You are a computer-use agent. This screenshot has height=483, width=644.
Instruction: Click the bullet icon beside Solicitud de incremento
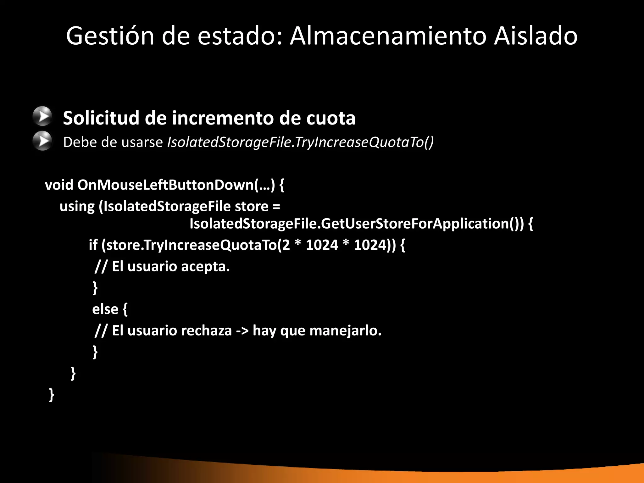tap(42, 116)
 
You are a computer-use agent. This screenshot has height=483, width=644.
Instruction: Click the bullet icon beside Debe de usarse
tap(42, 141)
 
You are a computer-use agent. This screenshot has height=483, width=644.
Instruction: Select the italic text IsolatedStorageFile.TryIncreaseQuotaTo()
tap(300, 142)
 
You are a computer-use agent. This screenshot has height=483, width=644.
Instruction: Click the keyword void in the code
tap(59, 185)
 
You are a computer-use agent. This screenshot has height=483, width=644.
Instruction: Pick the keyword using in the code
tap(77, 207)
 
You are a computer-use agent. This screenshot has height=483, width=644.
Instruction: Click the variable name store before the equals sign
tap(252, 207)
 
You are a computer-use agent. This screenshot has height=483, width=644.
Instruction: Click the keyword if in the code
tap(93, 245)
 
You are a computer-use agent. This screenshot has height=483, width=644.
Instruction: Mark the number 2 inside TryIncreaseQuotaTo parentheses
tap(286, 245)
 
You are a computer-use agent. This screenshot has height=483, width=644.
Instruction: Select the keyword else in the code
tap(105, 309)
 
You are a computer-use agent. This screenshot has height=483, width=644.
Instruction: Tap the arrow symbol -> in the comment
tap(242, 331)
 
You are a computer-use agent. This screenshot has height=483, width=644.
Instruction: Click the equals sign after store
tap(276, 207)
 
